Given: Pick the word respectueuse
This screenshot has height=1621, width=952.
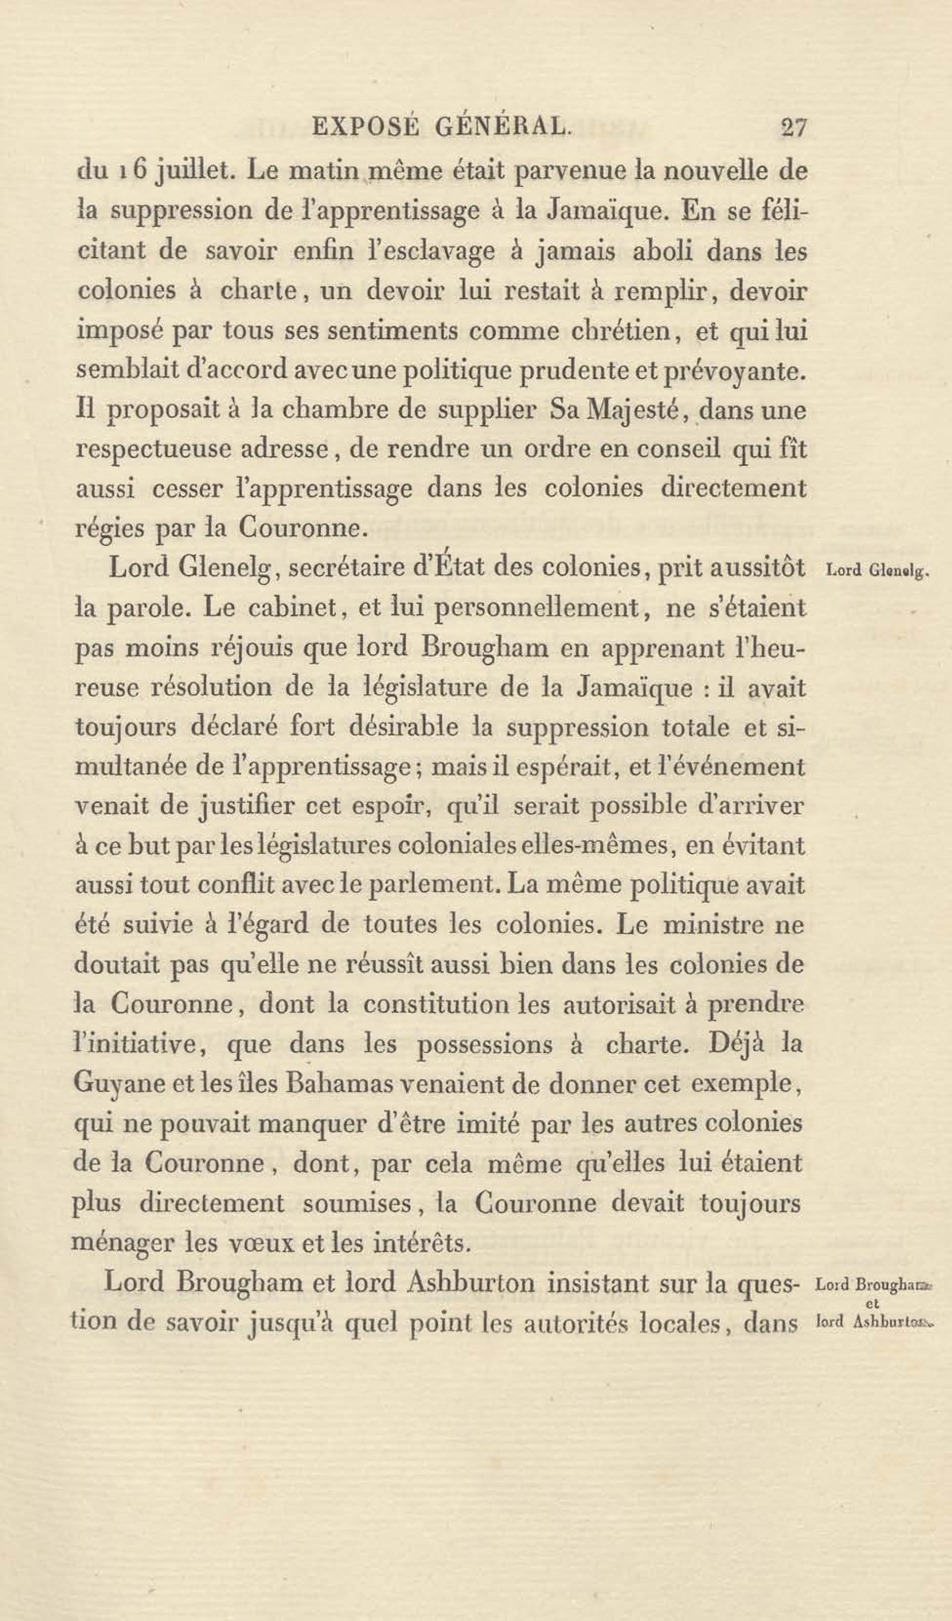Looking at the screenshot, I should [x=152, y=450].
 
